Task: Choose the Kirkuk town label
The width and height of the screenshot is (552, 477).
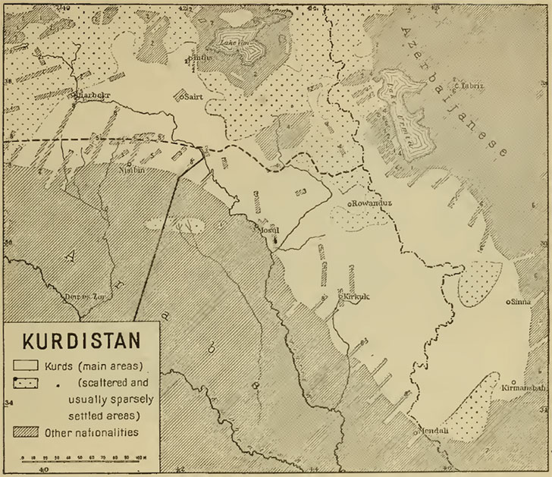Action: pyautogui.click(x=356, y=297)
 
